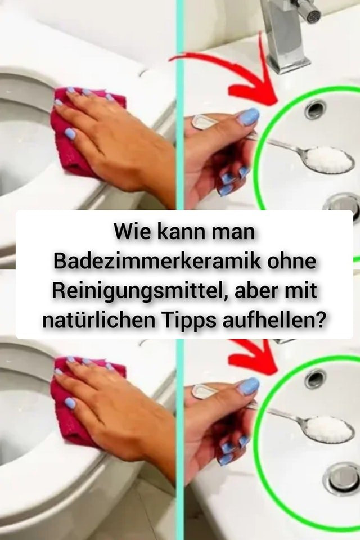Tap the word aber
pos(255,291)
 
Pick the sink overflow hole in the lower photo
pos(315,378)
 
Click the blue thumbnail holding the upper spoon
pos(248,117)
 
